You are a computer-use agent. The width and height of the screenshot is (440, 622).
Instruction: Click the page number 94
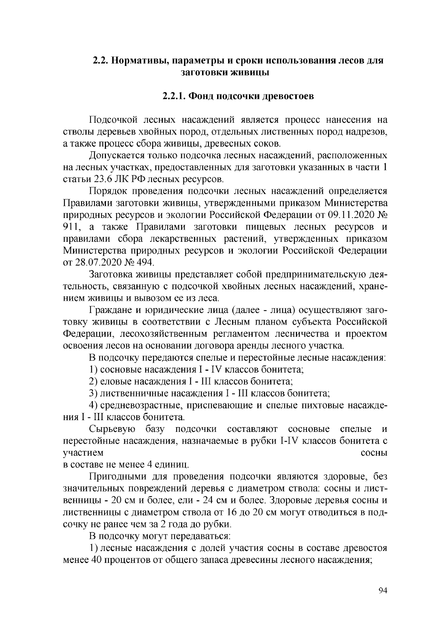pos(382,590)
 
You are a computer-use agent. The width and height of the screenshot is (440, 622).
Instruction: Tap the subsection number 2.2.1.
pos(174,96)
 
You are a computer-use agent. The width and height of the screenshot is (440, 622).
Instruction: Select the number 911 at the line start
pos(70,227)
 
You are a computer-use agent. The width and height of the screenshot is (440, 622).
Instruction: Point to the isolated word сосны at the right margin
pos(374,453)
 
